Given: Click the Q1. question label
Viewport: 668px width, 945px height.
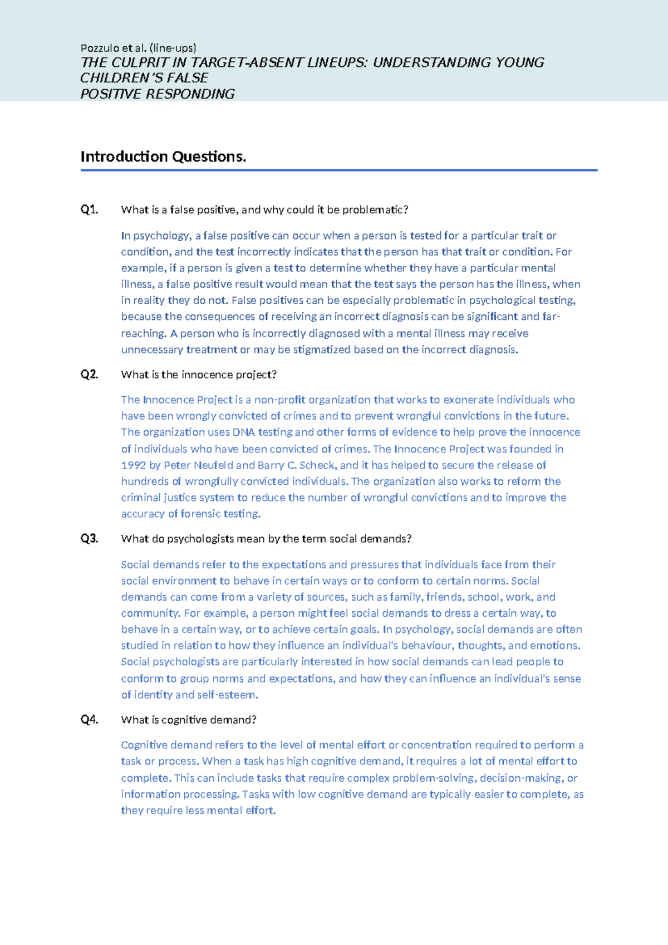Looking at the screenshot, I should click(89, 210).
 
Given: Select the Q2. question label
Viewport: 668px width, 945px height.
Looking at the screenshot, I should click(89, 374).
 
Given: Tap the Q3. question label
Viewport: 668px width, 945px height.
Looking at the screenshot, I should click(89, 539).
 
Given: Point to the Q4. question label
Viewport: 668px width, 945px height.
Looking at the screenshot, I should click(89, 720).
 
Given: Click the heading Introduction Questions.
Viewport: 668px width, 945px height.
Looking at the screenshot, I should click(163, 157).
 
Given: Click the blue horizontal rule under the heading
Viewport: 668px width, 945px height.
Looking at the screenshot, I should click(338, 171).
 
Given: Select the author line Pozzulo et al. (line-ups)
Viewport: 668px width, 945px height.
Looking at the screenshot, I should click(138, 48).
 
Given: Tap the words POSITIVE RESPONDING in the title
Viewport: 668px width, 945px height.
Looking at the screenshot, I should click(158, 94).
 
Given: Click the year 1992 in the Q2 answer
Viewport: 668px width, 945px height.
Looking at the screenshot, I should click(133, 465).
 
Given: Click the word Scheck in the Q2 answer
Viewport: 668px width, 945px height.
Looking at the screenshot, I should click(317, 465).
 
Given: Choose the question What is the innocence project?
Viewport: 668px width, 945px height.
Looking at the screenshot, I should click(199, 374).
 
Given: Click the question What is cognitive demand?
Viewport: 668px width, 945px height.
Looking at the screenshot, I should click(189, 720).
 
